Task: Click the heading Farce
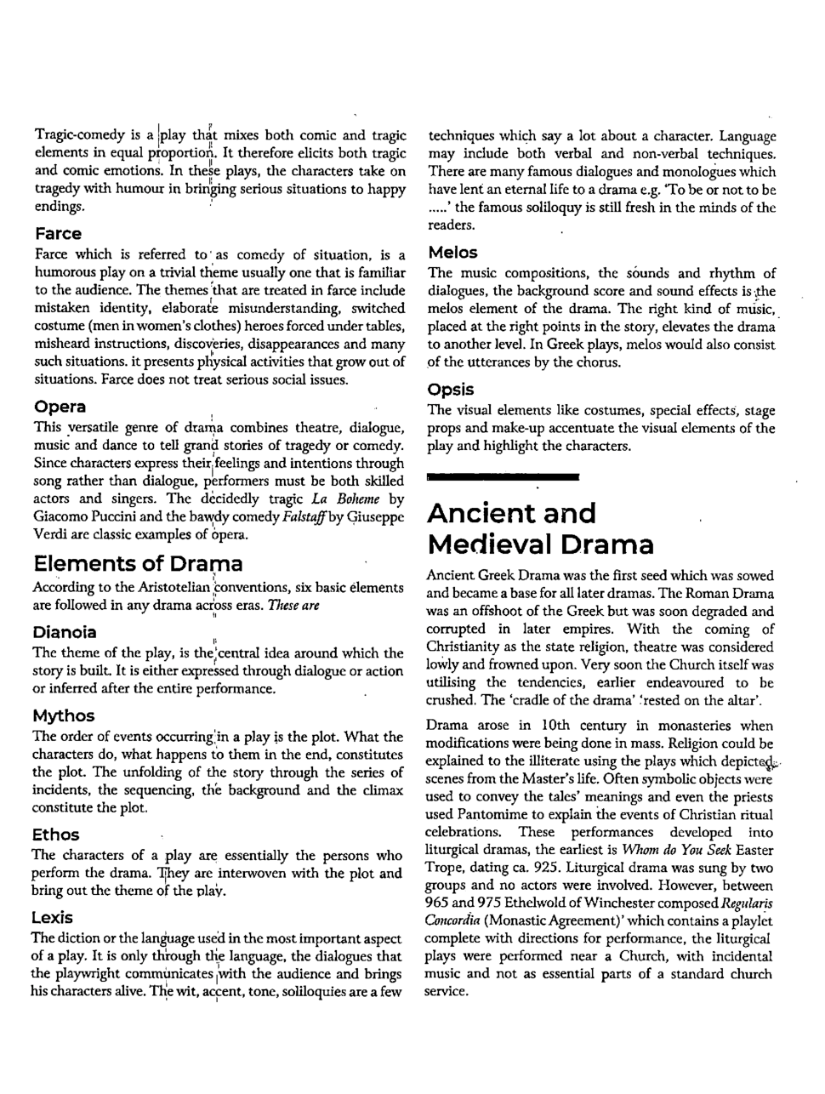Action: click(58, 234)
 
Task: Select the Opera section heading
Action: click(60, 407)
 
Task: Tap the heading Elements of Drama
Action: click(138, 563)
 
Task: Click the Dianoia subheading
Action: click(65, 632)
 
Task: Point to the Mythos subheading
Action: click(64, 715)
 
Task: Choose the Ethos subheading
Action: click(55, 835)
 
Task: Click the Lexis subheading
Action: click(53, 918)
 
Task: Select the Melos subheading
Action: click(453, 253)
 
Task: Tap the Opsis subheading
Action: click(451, 389)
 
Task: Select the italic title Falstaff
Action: click(284, 517)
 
